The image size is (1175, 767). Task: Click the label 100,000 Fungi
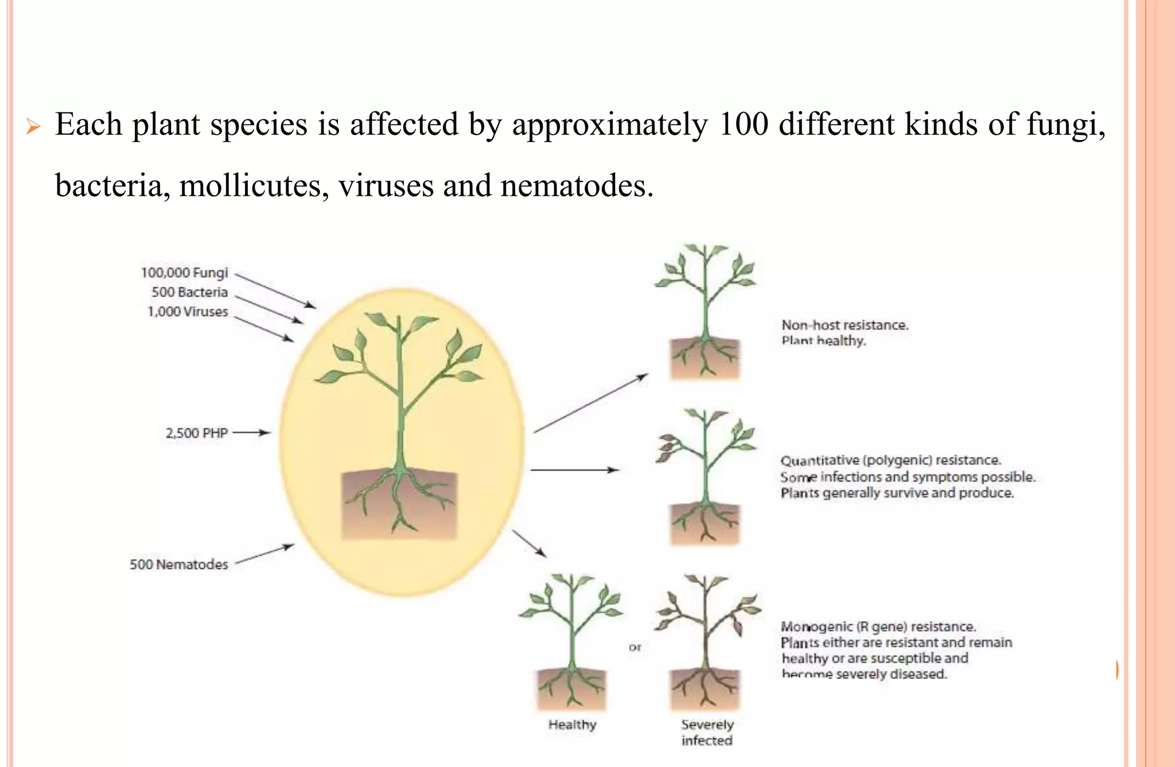(184, 273)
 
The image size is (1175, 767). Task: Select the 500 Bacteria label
(189, 292)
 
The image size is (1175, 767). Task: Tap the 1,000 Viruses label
(188, 312)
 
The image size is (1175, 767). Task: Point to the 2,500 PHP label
(196, 433)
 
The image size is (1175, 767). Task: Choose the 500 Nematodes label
(178, 564)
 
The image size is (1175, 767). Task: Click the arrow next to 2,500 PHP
(251, 433)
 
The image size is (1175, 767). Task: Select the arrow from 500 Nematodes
(264, 555)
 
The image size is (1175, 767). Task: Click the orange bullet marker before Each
(33, 126)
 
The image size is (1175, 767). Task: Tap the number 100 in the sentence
(743, 124)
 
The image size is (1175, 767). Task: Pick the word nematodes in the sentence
(576, 186)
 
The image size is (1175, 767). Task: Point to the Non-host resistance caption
(845, 326)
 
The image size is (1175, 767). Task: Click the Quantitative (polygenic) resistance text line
(890, 460)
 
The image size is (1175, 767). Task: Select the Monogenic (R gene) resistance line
(878, 626)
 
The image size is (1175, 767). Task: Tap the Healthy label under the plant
(572, 725)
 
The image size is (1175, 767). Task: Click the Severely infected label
(707, 733)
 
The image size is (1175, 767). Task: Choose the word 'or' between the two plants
(635, 647)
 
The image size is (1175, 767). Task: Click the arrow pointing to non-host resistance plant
(590, 403)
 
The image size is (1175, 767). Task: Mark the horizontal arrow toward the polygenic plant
(574, 470)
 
